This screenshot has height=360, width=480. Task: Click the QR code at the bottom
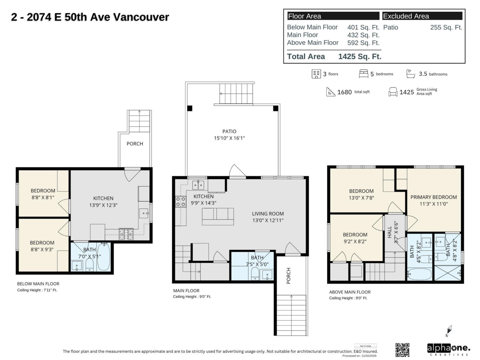(x=402, y=350)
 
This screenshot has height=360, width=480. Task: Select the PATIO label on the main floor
(x=230, y=131)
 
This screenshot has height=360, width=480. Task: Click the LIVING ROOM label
(x=268, y=213)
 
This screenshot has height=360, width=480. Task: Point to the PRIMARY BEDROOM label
(x=434, y=197)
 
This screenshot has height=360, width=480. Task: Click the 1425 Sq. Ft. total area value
(x=360, y=56)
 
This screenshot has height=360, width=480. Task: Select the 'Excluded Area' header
(x=406, y=16)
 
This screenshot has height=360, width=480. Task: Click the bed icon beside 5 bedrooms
(x=363, y=74)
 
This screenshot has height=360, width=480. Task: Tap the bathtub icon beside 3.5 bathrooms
(x=410, y=74)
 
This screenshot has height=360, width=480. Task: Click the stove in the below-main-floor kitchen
(x=126, y=234)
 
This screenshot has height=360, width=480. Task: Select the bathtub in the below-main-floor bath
(x=103, y=256)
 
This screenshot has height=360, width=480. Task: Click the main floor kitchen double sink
(x=198, y=184)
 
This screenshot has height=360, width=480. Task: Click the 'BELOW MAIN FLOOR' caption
(x=38, y=284)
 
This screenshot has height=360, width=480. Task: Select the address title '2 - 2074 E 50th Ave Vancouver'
(x=90, y=17)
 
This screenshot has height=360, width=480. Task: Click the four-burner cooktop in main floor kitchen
(x=181, y=201)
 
